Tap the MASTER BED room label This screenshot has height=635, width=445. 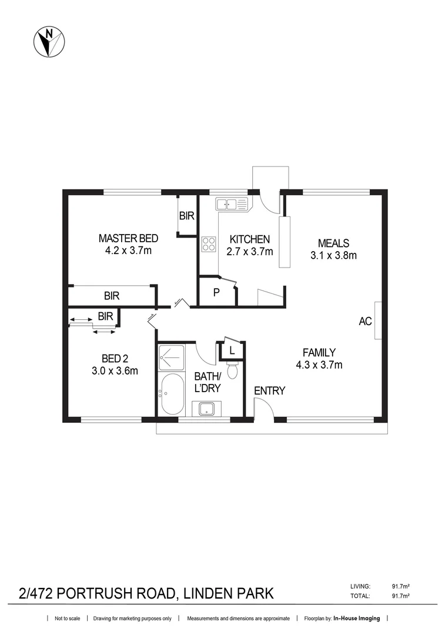[x=128, y=239]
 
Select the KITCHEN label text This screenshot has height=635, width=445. [x=249, y=239]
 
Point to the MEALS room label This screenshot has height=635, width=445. [x=333, y=243]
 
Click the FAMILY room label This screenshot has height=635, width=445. [x=319, y=352]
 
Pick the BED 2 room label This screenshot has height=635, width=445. [x=115, y=359]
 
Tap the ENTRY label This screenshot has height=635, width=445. [x=270, y=390]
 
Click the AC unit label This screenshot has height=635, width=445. [x=366, y=321]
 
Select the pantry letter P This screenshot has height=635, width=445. [x=216, y=292]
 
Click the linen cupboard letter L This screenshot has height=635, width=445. [x=232, y=351]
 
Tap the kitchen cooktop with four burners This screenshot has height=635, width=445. [x=209, y=244]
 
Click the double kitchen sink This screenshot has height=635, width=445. [x=233, y=205]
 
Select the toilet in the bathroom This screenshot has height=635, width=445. [x=232, y=370]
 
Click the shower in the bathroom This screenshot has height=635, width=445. [x=172, y=357]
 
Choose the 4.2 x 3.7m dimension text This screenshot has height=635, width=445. [x=128, y=251]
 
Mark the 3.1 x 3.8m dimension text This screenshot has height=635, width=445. [x=333, y=255]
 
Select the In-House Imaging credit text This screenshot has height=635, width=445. [x=357, y=619]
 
